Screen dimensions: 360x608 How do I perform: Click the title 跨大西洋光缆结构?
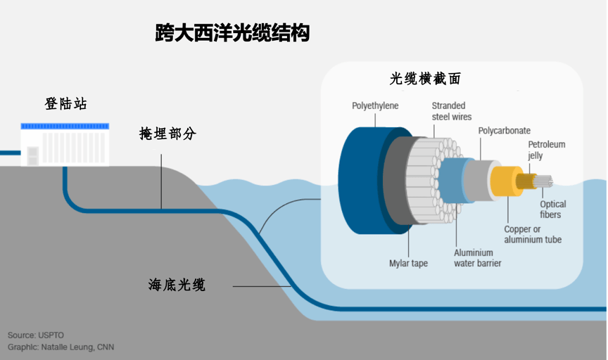[232, 33]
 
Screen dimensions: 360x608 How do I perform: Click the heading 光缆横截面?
[426, 79]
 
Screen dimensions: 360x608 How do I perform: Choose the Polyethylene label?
[375, 106]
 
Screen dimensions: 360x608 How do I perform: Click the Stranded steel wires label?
[451, 111]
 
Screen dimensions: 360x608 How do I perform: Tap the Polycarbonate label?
[504, 131]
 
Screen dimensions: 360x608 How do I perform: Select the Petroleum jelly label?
[546, 150]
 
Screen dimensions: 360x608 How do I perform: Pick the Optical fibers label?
[552, 210]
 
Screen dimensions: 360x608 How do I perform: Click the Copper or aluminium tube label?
[532, 234]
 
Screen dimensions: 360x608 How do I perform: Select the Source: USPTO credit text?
[36, 335]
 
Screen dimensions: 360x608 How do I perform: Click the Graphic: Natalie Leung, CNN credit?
[61, 347]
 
